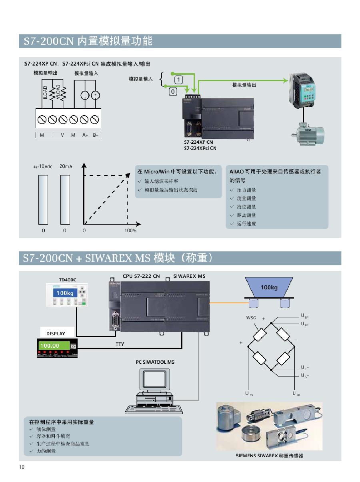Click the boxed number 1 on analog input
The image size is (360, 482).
[178, 80]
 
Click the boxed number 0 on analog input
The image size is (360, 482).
[173, 92]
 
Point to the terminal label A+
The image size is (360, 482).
[85, 135]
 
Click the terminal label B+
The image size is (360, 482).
[96, 135]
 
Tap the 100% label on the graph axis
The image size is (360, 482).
[130, 231]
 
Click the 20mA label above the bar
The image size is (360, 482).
[66, 166]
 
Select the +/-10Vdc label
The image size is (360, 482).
[43, 166]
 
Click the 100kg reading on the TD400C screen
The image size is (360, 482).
[64, 293]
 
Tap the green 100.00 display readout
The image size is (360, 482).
[50, 346]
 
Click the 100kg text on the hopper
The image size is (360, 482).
[269, 287]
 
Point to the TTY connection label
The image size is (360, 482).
[120, 344]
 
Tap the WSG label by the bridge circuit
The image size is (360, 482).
[251, 319]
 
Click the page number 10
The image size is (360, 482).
[22, 467]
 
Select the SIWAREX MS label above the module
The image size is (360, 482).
[189, 276]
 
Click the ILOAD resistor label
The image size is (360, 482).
[46, 93]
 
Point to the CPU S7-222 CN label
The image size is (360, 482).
[141, 276]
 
